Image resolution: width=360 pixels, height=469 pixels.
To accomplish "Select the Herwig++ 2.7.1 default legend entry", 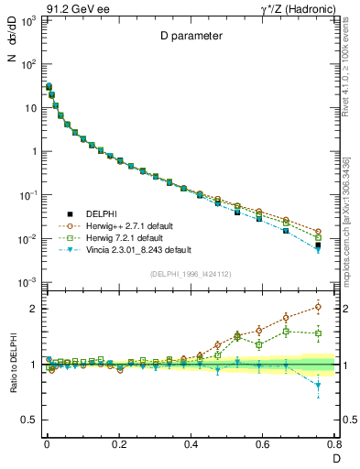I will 131,224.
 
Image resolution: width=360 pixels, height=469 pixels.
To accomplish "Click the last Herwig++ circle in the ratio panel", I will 318,307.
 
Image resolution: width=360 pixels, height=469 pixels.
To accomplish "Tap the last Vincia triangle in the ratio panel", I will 318,385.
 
